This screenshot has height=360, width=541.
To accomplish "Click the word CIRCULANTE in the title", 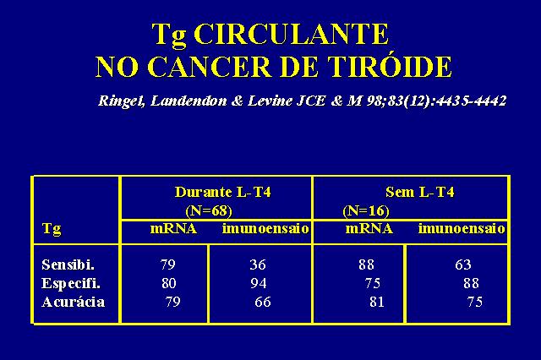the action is pyautogui.click(x=292, y=34).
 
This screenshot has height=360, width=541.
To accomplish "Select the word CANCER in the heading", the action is pyautogui.click(x=210, y=67).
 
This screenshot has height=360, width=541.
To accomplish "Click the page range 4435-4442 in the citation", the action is pyautogui.click(x=472, y=101).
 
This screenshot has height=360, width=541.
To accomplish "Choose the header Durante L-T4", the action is pyautogui.click(x=223, y=192).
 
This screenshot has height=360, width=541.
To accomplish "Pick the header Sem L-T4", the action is pyautogui.click(x=420, y=192).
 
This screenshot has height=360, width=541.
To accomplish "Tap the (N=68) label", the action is pyautogui.click(x=209, y=210).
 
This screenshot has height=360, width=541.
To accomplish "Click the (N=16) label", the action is pyautogui.click(x=366, y=210).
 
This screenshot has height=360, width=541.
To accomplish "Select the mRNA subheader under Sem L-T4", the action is pyautogui.click(x=369, y=229).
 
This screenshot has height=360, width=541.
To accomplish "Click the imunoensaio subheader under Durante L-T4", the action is pyautogui.click(x=265, y=229).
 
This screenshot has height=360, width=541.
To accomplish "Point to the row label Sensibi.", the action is pyautogui.click(x=68, y=265).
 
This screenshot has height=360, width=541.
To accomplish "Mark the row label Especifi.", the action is pyautogui.click(x=71, y=284).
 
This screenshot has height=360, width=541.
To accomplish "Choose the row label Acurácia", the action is pyautogui.click(x=74, y=302).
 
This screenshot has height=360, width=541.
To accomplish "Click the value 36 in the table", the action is pyautogui.click(x=258, y=265).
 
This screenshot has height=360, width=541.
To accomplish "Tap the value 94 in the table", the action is pyautogui.click(x=259, y=283).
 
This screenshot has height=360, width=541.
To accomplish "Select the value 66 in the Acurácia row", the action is pyautogui.click(x=263, y=302).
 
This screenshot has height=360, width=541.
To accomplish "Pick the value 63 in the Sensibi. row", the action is pyautogui.click(x=463, y=265).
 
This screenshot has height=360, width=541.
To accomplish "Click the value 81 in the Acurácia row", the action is pyautogui.click(x=376, y=302).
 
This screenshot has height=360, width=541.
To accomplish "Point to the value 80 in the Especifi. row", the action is pyautogui.click(x=169, y=283).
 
